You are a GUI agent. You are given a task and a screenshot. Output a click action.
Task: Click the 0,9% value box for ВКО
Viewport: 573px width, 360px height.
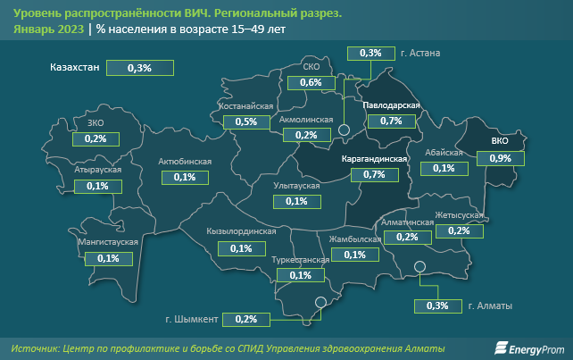[x=501, y=158]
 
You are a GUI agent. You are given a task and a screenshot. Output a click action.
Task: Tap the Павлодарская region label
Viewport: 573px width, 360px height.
[x=392, y=105]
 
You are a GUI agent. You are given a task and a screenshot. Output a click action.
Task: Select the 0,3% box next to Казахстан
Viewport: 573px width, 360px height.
[x=139, y=67]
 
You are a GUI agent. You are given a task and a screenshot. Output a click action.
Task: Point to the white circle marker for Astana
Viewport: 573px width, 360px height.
[x=345, y=131]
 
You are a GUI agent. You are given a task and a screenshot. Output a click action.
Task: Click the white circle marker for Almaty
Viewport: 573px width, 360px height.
[x=420, y=266]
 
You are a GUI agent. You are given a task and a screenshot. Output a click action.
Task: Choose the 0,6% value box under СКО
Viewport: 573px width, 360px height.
[x=311, y=82]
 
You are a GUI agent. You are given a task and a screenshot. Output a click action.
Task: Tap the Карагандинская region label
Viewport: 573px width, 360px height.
[x=374, y=159]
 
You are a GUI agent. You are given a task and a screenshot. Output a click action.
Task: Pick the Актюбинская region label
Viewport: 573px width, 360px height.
[x=184, y=162]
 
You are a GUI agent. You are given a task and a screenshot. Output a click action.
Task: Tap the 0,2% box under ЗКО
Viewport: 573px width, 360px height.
[x=95, y=139]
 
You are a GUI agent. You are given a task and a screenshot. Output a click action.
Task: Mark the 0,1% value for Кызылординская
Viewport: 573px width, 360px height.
[x=240, y=248]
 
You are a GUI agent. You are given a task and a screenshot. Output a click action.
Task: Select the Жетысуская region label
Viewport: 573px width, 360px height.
[x=459, y=216]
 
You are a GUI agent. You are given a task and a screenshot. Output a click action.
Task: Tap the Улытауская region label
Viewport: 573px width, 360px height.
[x=296, y=186]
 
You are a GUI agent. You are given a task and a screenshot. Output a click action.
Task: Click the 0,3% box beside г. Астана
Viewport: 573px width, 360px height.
[x=370, y=54]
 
